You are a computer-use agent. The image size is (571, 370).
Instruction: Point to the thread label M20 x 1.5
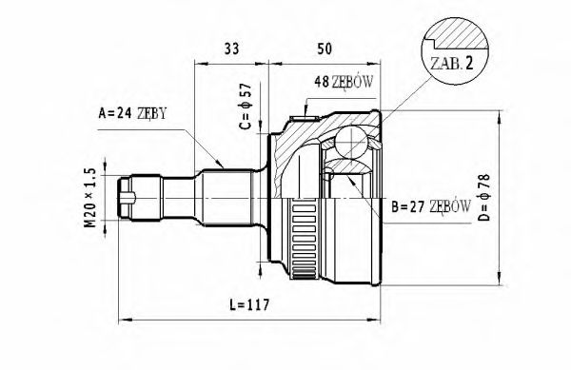pos(90,197)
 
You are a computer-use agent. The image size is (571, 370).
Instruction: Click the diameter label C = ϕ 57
pos(245,107)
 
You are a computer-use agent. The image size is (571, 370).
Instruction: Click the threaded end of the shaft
pos(134,198)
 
